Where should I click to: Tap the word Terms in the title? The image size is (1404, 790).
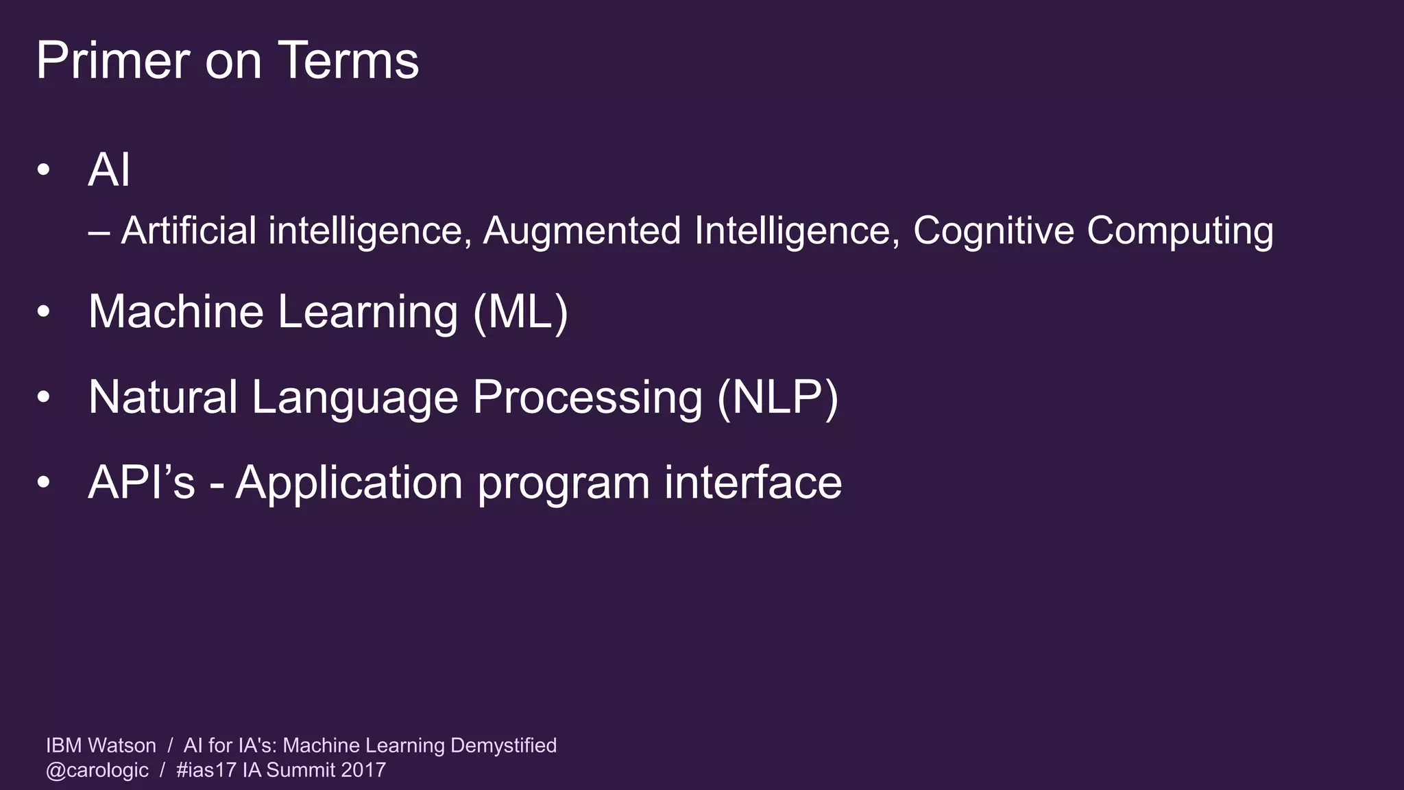348,60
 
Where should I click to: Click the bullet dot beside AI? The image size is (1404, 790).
44,169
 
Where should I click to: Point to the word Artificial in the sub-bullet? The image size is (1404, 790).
189,230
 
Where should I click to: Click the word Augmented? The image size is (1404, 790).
581,230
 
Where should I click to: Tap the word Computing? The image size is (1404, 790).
1180,232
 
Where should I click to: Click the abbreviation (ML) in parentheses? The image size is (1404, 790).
520,313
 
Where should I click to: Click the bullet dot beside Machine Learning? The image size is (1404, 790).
44,312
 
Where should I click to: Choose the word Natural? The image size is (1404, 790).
162,397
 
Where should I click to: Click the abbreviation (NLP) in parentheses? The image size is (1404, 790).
777,398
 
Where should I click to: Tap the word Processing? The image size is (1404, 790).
588,398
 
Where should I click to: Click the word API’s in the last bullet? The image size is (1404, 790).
142,482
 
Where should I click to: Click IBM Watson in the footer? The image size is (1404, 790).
101,745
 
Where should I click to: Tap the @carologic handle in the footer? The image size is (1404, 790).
97,770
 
